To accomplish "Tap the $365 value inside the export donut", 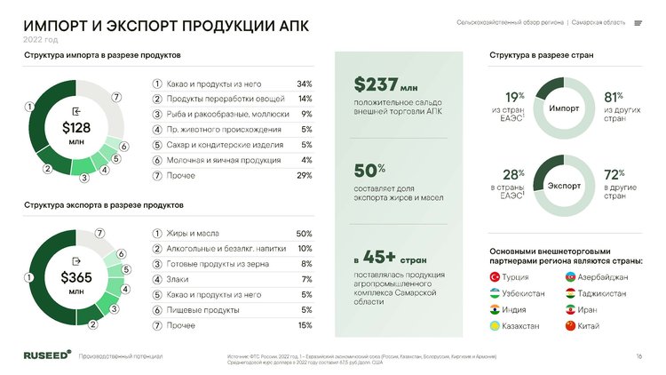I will click(x=75, y=277).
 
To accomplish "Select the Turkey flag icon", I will click(x=495, y=277).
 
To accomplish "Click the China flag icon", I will click(x=570, y=326).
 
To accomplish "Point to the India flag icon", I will click(x=495, y=310).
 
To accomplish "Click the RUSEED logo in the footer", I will click(x=48, y=355).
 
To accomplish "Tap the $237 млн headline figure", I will click(x=385, y=85).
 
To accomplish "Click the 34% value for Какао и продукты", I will click(x=304, y=84).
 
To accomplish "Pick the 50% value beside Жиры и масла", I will click(x=303, y=233).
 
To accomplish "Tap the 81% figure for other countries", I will click(x=613, y=97).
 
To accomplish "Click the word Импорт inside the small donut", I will click(x=564, y=108).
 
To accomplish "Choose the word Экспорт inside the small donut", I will click(x=564, y=187).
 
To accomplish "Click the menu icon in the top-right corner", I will click(x=638, y=22).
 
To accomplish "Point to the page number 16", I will click(x=638, y=356).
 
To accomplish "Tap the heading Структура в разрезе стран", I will click(x=541, y=55).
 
